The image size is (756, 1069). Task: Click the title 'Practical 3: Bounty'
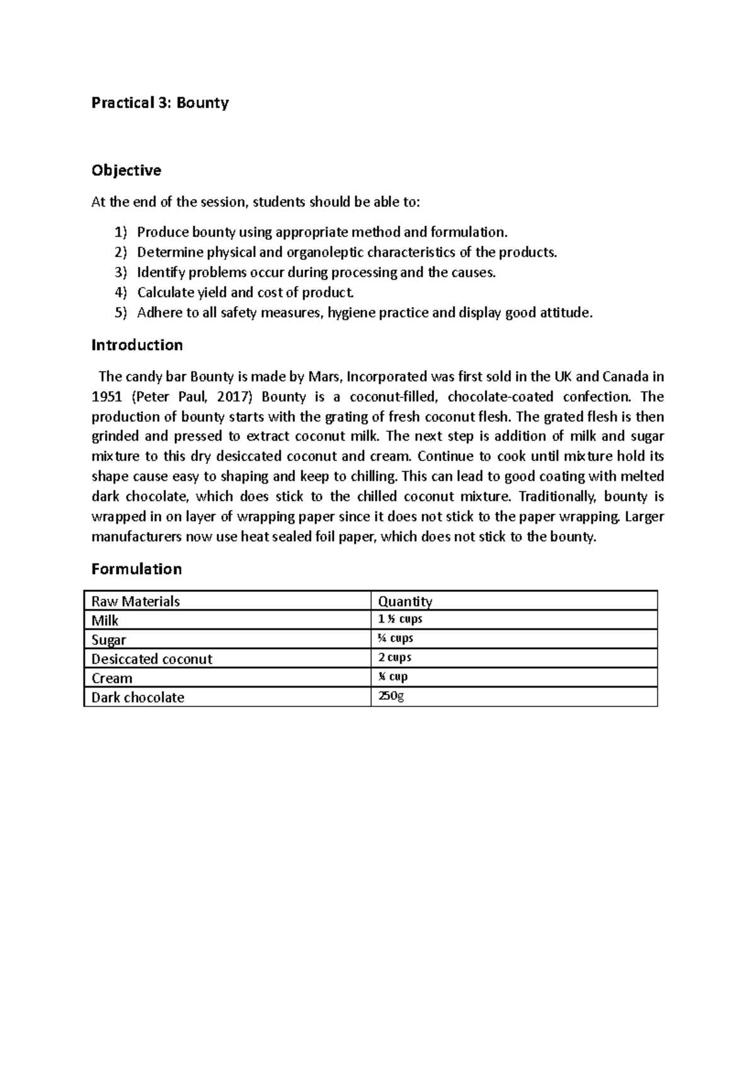pos(160,103)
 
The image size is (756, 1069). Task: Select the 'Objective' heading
pos(126,171)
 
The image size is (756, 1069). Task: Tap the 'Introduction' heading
pos(137,345)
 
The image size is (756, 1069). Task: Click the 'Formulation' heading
pos(136,569)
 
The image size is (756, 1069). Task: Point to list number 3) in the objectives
pos(120,273)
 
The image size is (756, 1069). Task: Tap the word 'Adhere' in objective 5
pos(158,313)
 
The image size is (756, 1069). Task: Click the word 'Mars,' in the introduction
pos(324,377)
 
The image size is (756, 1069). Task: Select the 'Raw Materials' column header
pos(135,601)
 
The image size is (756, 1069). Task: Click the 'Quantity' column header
pos(404,601)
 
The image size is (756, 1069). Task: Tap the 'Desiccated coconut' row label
pos(151,659)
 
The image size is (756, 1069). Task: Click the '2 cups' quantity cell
pos(394,657)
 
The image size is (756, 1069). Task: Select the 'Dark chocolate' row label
pos(137,698)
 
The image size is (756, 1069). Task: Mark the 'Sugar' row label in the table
pos(108,640)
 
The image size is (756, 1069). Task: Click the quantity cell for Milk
pos(399,619)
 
